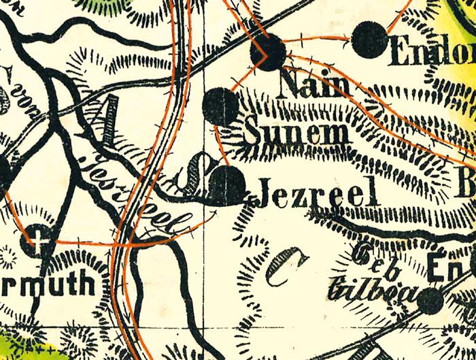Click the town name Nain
(315, 85)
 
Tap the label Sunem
(296, 133)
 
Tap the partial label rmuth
(56, 283)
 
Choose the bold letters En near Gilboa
(451, 265)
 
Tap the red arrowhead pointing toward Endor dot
(351, 40)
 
